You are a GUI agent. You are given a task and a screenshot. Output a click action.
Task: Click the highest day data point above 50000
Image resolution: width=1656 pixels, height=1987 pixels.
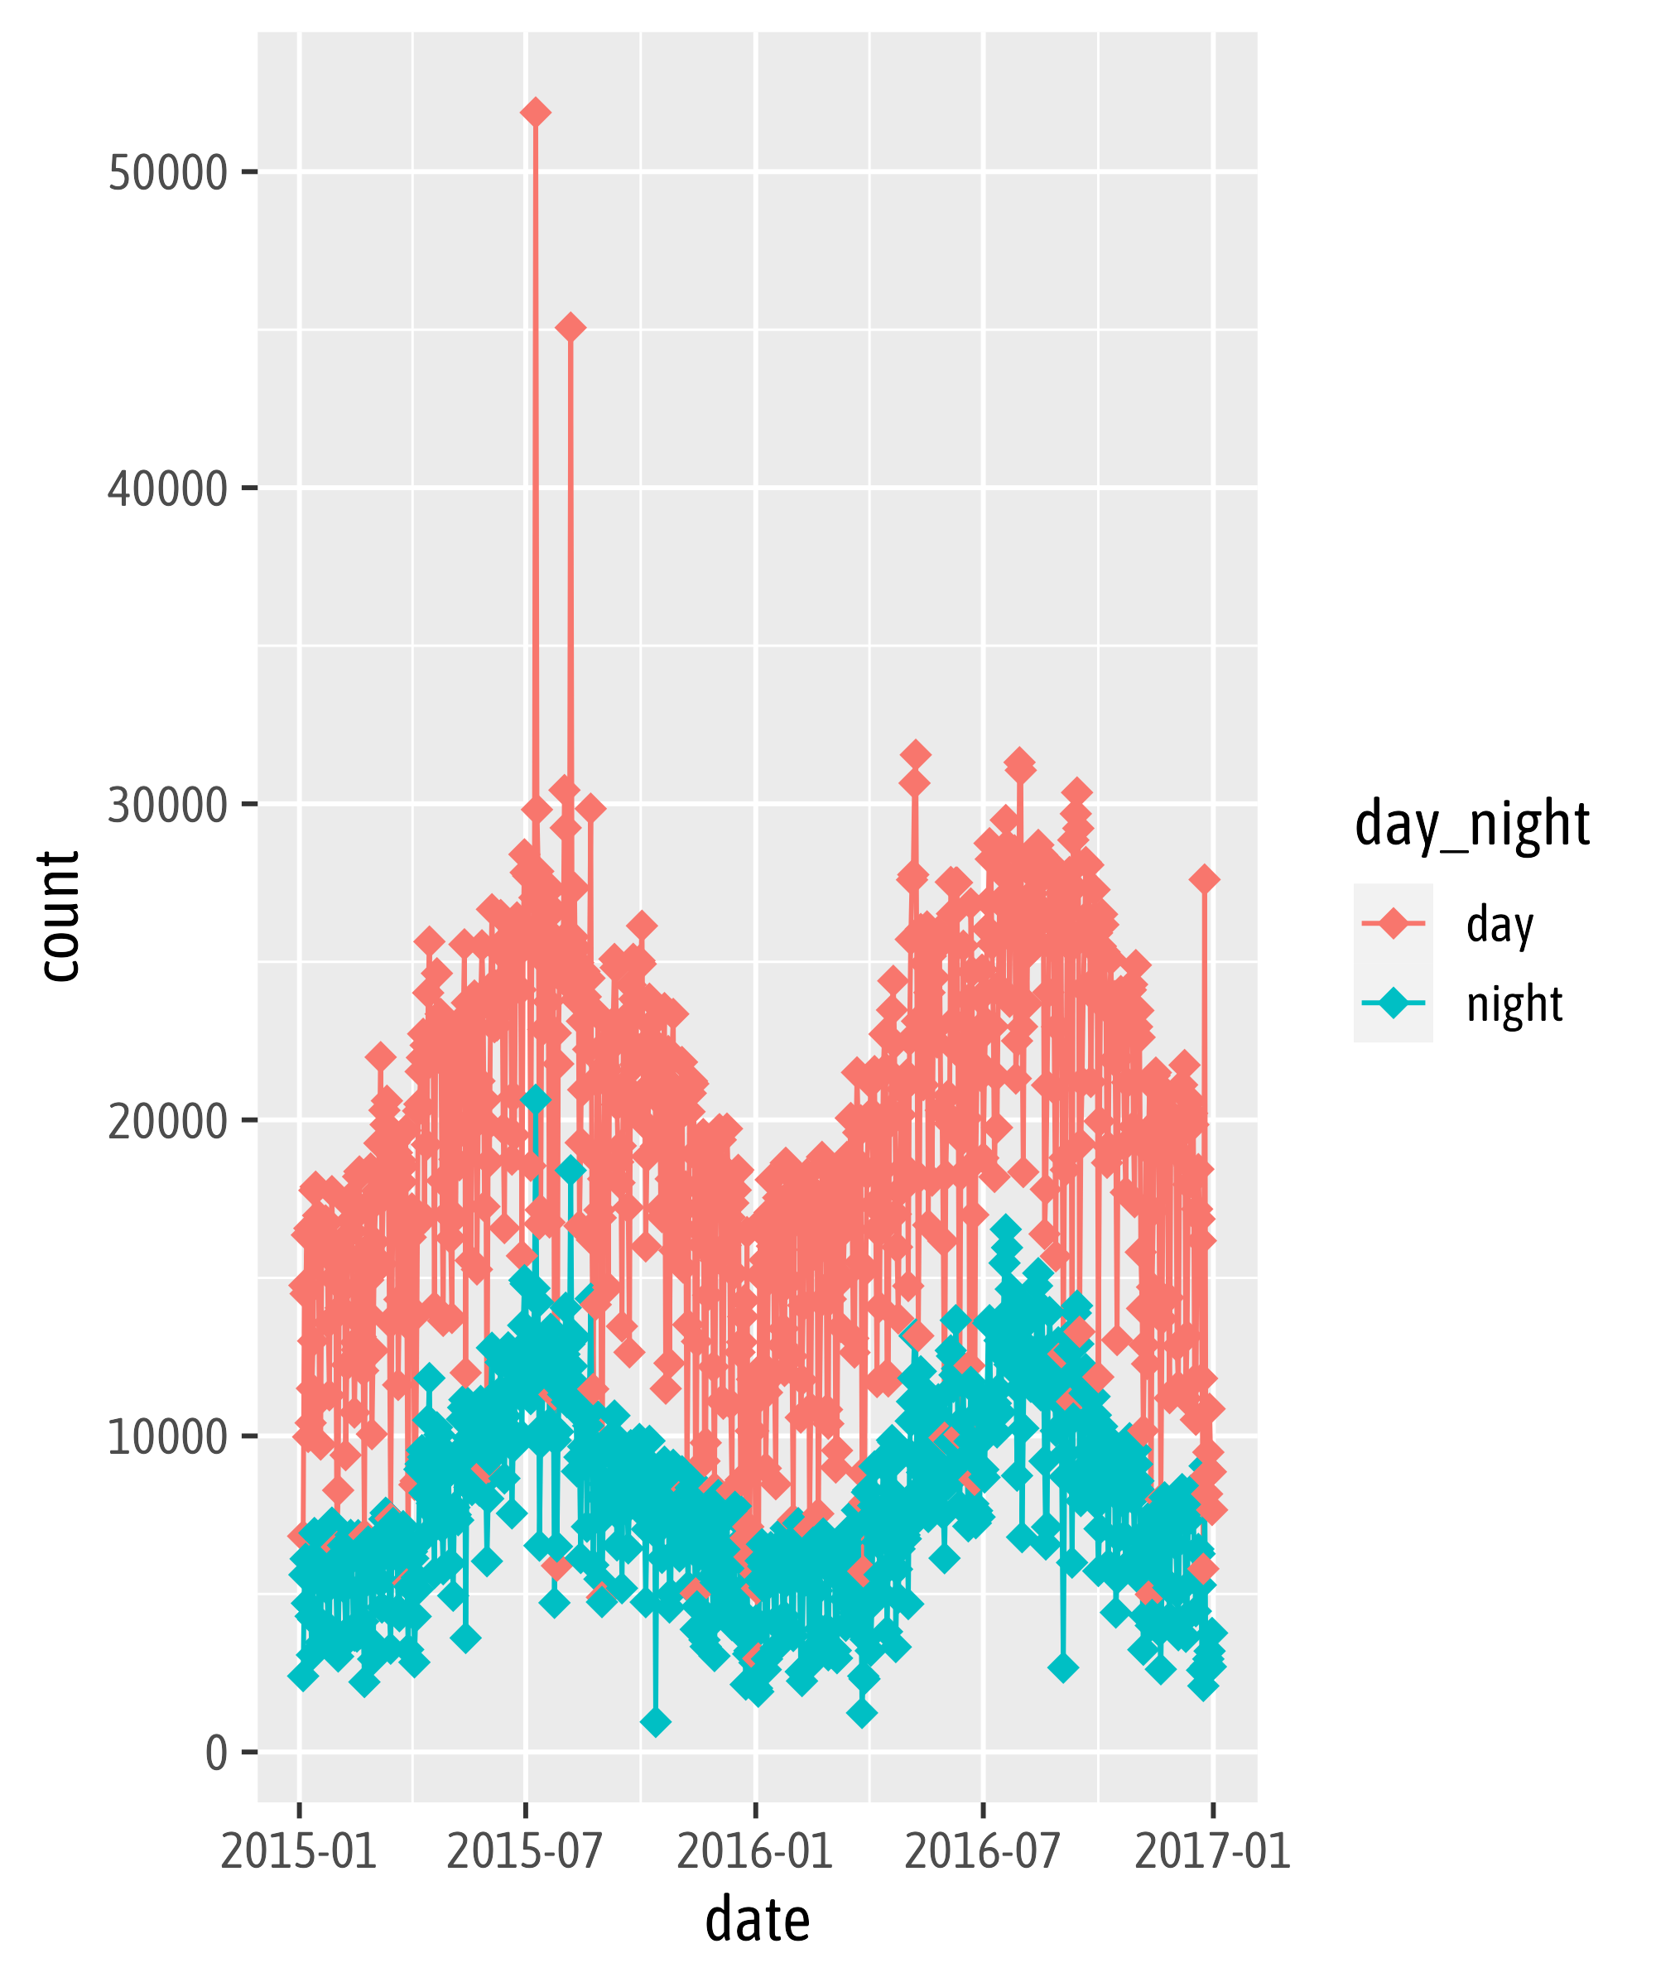pyautogui.click(x=535, y=113)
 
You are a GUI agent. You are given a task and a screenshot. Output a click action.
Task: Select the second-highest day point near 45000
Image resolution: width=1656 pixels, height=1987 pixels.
pyautogui.click(x=570, y=327)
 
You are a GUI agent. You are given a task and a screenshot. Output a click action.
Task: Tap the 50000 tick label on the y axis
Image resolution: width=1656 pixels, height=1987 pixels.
pyautogui.click(x=167, y=173)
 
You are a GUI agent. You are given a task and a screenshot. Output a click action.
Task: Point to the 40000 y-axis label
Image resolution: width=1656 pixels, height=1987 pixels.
pyautogui.click(x=167, y=489)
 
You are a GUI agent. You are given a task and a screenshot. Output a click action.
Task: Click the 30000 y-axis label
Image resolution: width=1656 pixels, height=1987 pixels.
pyautogui.click(x=167, y=806)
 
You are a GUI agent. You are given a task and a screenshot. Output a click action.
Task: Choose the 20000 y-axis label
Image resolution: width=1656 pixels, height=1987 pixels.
pyautogui.click(x=167, y=1121)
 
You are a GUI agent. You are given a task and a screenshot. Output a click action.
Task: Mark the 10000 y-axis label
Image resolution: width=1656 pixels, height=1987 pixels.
pyautogui.click(x=167, y=1437)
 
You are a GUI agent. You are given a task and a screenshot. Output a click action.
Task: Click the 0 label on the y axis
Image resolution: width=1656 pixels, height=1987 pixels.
pyautogui.click(x=216, y=1754)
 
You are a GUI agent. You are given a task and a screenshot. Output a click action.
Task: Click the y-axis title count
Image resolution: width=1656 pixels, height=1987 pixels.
pyautogui.click(x=59, y=916)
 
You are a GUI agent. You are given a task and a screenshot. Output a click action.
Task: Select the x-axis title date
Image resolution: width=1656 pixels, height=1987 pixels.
pyautogui.click(x=757, y=1921)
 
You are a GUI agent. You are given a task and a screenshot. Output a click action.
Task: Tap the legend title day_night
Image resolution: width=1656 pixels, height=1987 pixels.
pyautogui.click(x=1471, y=823)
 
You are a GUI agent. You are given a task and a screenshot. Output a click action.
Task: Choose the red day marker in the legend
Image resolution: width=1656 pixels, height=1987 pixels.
pyautogui.click(x=1393, y=922)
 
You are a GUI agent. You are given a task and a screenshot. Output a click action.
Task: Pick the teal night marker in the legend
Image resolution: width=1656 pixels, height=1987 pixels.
pyautogui.click(x=1393, y=1002)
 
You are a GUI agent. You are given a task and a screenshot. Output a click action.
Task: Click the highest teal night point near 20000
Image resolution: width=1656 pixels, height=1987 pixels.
pyautogui.click(x=536, y=1099)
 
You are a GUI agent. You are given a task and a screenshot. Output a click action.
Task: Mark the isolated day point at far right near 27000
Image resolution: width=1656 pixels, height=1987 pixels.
pyautogui.click(x=1204, y=879)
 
